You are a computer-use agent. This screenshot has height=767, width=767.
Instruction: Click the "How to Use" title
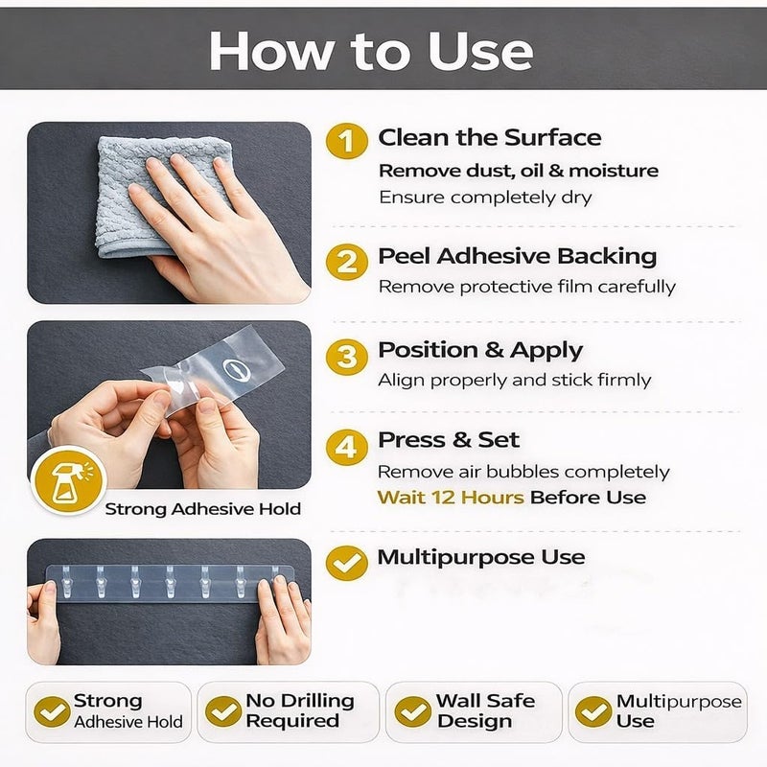coord(371,51)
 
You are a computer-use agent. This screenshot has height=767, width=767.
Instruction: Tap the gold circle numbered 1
coord(347,141)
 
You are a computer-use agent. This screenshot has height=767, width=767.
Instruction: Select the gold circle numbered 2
coord(347,262)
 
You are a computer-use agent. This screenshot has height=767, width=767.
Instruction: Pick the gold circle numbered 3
coord(347,357)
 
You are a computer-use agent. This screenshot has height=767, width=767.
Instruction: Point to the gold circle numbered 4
coord(347,447)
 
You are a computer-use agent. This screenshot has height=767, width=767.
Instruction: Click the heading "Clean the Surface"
coord(490,137)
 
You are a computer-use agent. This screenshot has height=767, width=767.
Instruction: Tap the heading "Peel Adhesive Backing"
coord(518,256)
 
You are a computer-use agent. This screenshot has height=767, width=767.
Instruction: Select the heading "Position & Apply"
coord(480,351)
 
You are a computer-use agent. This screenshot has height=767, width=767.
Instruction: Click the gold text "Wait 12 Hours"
coord(451,498)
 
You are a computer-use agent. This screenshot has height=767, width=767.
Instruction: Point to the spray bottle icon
coord(69,481)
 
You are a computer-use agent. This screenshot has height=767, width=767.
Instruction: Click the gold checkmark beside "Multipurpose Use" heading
coord(347,563)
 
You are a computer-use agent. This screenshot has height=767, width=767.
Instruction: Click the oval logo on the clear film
coord(237,370)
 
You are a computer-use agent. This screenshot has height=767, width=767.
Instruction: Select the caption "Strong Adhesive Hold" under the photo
coord(203,509)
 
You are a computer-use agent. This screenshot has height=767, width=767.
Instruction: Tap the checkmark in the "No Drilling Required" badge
coord(223,711)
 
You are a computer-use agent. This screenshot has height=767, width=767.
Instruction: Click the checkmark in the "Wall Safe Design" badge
coord(412,711)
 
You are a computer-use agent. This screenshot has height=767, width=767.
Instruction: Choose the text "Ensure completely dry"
coord(485,198)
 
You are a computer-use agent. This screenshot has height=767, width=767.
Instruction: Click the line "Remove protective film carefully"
coord(527,287)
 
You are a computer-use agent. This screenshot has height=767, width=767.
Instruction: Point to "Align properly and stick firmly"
coord(515,380)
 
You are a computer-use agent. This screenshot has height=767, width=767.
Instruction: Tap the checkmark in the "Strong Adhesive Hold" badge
coord(53,711)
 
